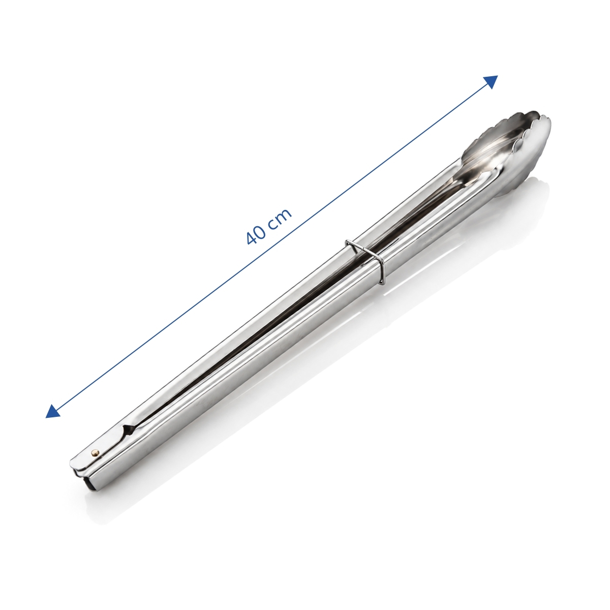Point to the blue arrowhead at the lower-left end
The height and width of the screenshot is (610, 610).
(x=52, y=412)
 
